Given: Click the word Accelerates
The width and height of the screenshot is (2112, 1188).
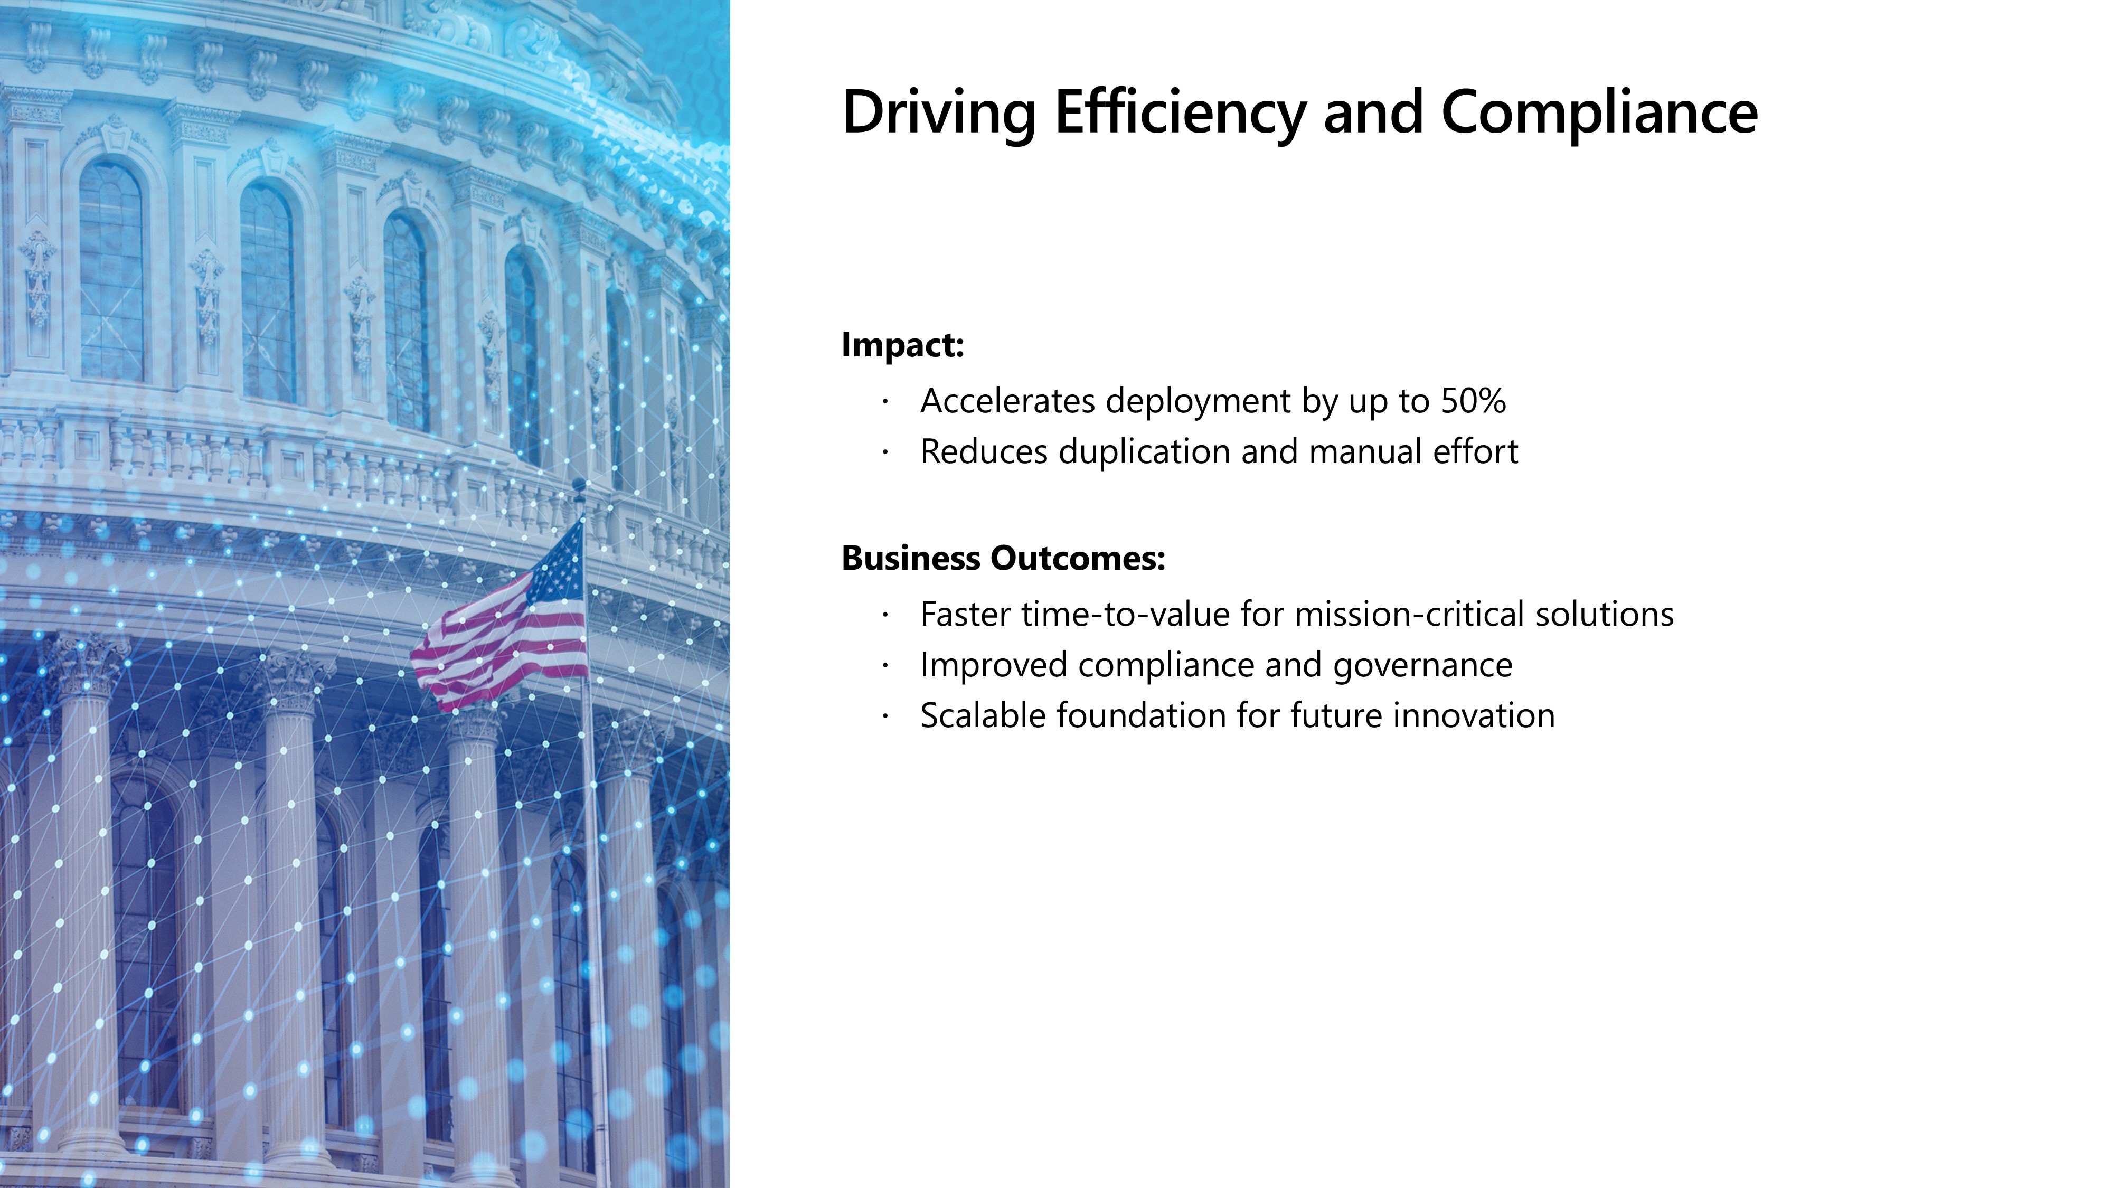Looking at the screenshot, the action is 1007,401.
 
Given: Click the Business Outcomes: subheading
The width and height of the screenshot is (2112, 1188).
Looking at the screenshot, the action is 1004,558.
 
